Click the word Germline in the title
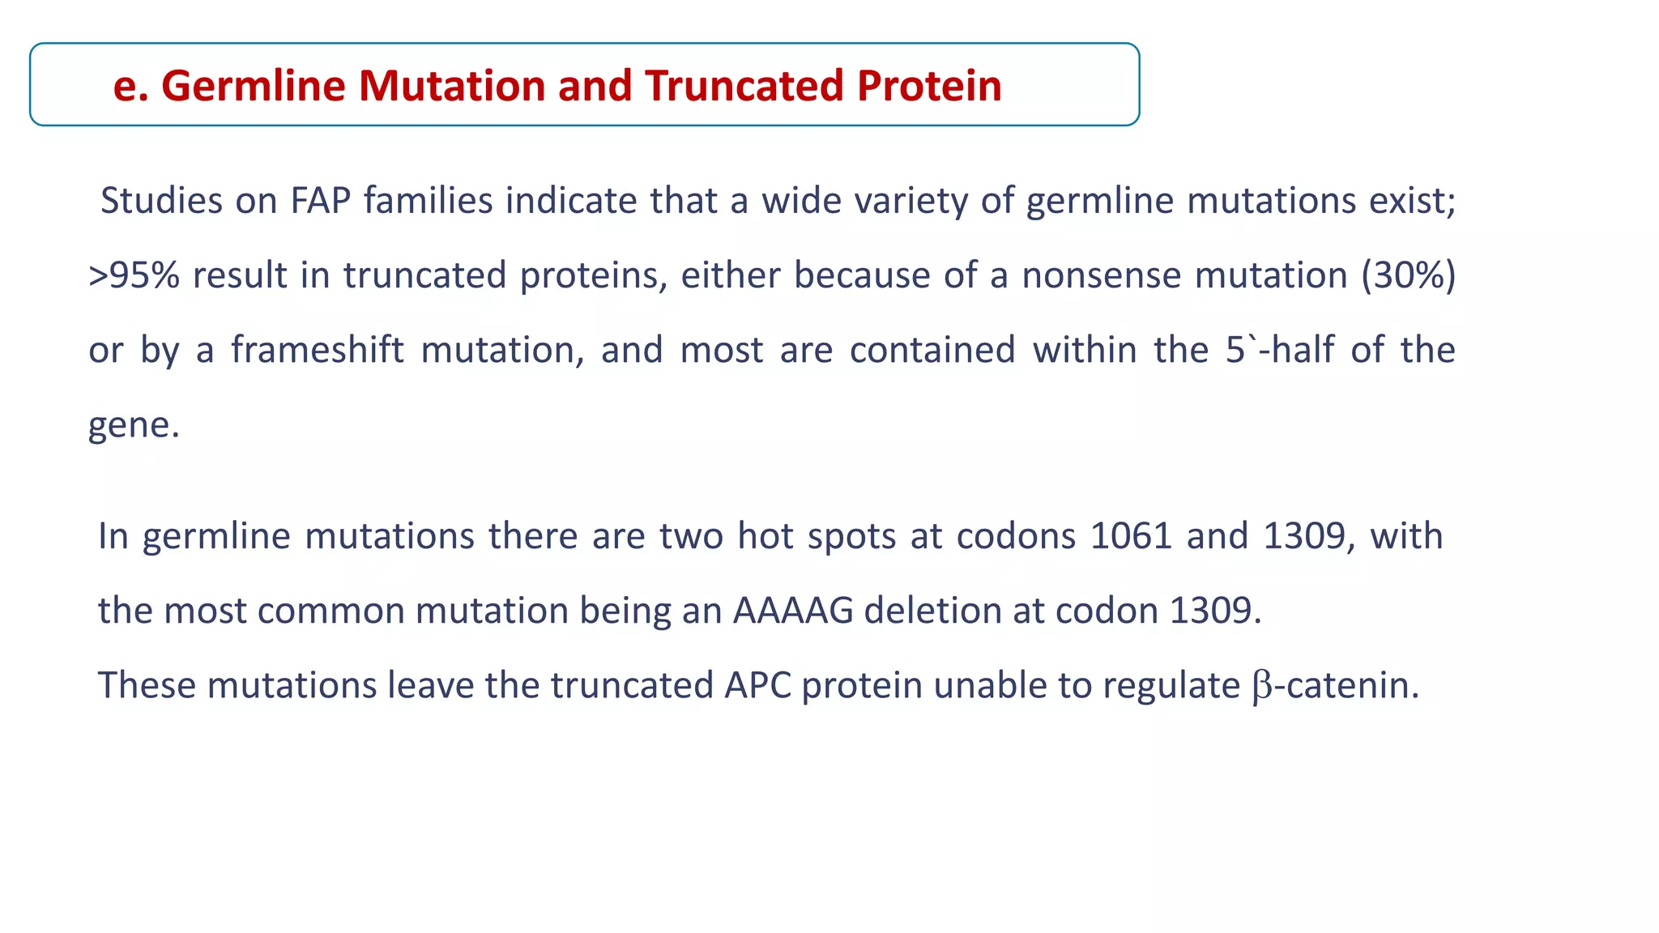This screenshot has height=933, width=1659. (255, 86)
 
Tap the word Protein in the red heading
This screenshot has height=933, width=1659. (929, 86)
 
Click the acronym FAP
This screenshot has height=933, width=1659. (320, 201)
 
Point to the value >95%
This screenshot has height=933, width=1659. (134, 275)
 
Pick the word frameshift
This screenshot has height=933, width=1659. (317, 350)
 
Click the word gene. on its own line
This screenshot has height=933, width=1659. (134, 424)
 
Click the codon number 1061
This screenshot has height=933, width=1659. (1131, 536)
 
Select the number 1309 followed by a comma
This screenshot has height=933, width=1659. (1309, 536)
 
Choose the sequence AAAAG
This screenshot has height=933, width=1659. (793, 611)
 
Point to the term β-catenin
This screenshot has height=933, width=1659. (1335, 685)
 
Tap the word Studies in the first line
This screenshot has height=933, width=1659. (161, 201)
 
